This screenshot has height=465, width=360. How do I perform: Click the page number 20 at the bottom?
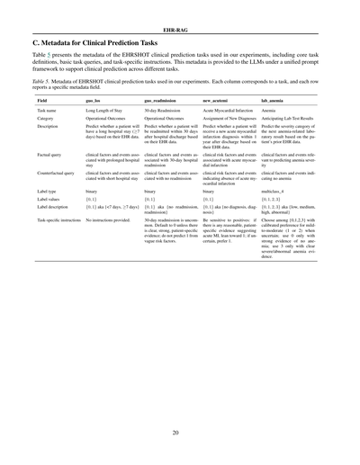(180, 433)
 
